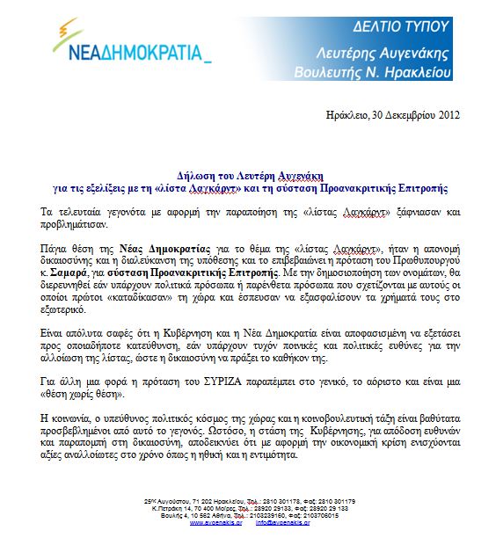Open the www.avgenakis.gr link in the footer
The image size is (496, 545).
214,521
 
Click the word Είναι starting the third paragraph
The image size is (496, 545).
55,335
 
